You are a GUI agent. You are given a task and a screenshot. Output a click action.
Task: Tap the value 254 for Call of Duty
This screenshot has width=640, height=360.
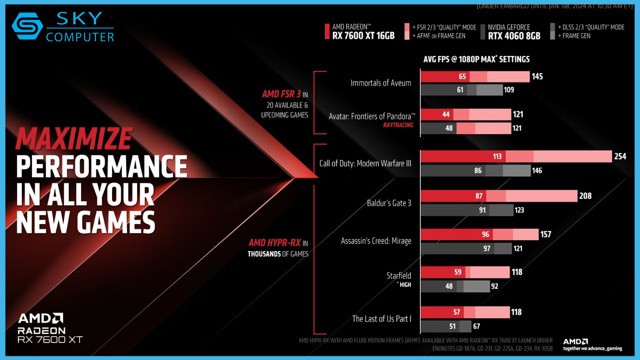tap(620, 157)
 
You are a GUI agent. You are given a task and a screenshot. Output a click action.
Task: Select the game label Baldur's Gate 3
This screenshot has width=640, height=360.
tap(389, 203)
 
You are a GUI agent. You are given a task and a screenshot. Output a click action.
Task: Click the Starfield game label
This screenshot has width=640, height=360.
tap(398, 275)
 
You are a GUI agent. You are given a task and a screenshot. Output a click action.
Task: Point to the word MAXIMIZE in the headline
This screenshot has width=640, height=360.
tap(74, 139)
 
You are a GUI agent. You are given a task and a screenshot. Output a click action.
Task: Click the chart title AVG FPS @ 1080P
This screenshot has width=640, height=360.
tap(476, 59)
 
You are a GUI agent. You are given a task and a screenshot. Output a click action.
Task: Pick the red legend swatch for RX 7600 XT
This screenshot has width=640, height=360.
tap(326, 31)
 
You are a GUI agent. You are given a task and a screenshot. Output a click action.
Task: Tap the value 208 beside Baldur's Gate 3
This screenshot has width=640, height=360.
tap(585, 196)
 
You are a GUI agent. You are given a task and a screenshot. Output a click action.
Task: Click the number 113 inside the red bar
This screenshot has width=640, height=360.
tap(497, 156)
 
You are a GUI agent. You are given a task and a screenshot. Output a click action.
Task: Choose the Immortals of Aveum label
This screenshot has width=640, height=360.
tap(381, 83)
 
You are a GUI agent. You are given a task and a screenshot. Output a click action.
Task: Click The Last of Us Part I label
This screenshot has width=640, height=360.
tap(381, 318)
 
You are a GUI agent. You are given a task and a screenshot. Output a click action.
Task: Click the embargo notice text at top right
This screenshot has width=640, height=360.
tap(555, 6)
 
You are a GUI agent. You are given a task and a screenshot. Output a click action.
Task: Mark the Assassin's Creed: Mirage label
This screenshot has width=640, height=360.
tap(376, 241)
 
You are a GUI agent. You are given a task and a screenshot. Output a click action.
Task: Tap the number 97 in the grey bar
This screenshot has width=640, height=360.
tap(487, 248)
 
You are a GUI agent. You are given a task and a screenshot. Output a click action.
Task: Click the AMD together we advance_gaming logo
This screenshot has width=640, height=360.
tap(592, 344)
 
